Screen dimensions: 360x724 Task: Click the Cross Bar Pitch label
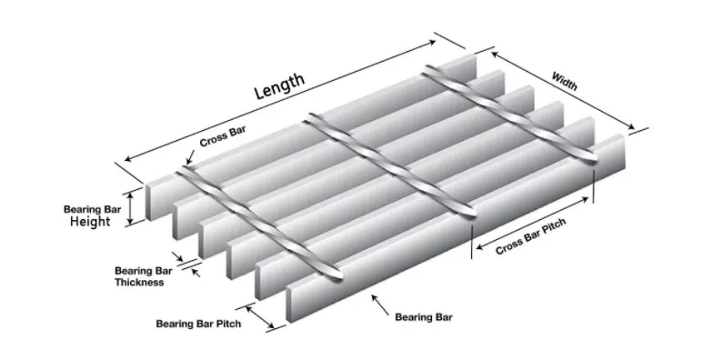[537, 238]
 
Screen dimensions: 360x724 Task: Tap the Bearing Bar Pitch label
[198, 324]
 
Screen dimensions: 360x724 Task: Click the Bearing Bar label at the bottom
[424, 317]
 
